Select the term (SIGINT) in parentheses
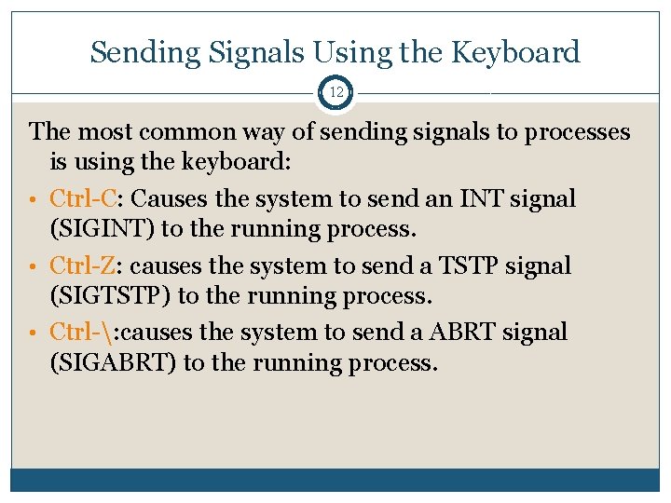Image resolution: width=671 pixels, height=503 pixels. (x=101, y=229)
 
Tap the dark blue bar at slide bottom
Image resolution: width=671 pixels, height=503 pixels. (x=335, y=479)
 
